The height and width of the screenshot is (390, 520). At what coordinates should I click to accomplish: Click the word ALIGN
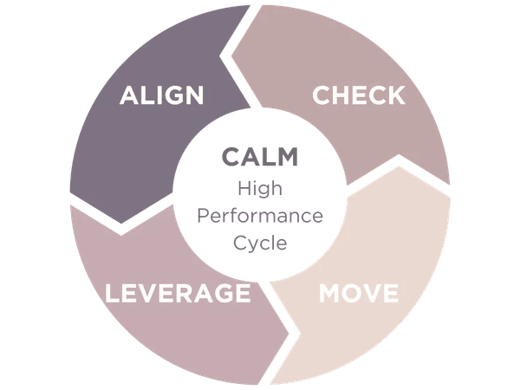pos(161,94)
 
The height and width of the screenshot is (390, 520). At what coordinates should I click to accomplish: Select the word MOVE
pos(359,293)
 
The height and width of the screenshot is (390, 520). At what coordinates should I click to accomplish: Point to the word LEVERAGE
pos(178,293)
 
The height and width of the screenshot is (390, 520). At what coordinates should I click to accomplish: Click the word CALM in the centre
pos(259,157)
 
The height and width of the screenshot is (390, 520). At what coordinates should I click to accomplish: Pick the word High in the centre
pos(259,187)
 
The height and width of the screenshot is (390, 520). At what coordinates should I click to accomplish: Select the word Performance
pos(259,215)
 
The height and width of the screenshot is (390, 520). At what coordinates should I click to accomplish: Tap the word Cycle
pos(259,243)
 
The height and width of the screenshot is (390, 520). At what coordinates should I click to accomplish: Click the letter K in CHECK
pos(396,94)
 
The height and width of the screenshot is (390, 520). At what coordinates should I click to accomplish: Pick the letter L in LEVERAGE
pos(112,293)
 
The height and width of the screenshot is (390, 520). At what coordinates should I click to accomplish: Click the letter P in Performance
pos(200,215)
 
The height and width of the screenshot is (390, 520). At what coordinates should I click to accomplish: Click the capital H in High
pos(242,187)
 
